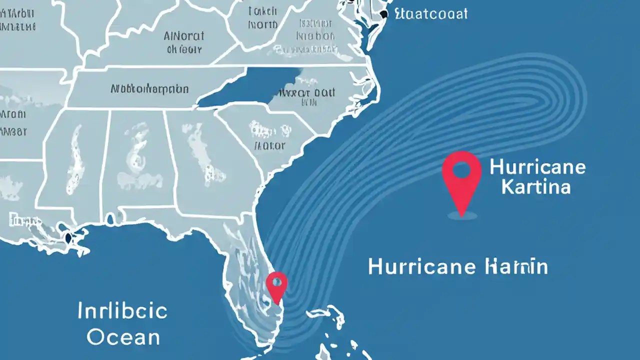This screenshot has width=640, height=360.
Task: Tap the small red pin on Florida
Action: tap(276, 285)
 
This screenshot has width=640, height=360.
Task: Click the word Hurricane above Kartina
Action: tap(537, 166)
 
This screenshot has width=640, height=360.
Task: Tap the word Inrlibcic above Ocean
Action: tap(122, 311)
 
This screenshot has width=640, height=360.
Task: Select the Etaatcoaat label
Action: tap(430, 13)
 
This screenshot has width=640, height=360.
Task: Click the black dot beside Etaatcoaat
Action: tap(384, 14)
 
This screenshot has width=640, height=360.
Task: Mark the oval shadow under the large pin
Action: tap(461, 215)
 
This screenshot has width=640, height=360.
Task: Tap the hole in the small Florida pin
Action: tap(276, 281)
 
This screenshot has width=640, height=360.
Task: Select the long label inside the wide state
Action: tap(149, 89)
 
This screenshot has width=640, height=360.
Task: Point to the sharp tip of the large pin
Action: tap(461, 214)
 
